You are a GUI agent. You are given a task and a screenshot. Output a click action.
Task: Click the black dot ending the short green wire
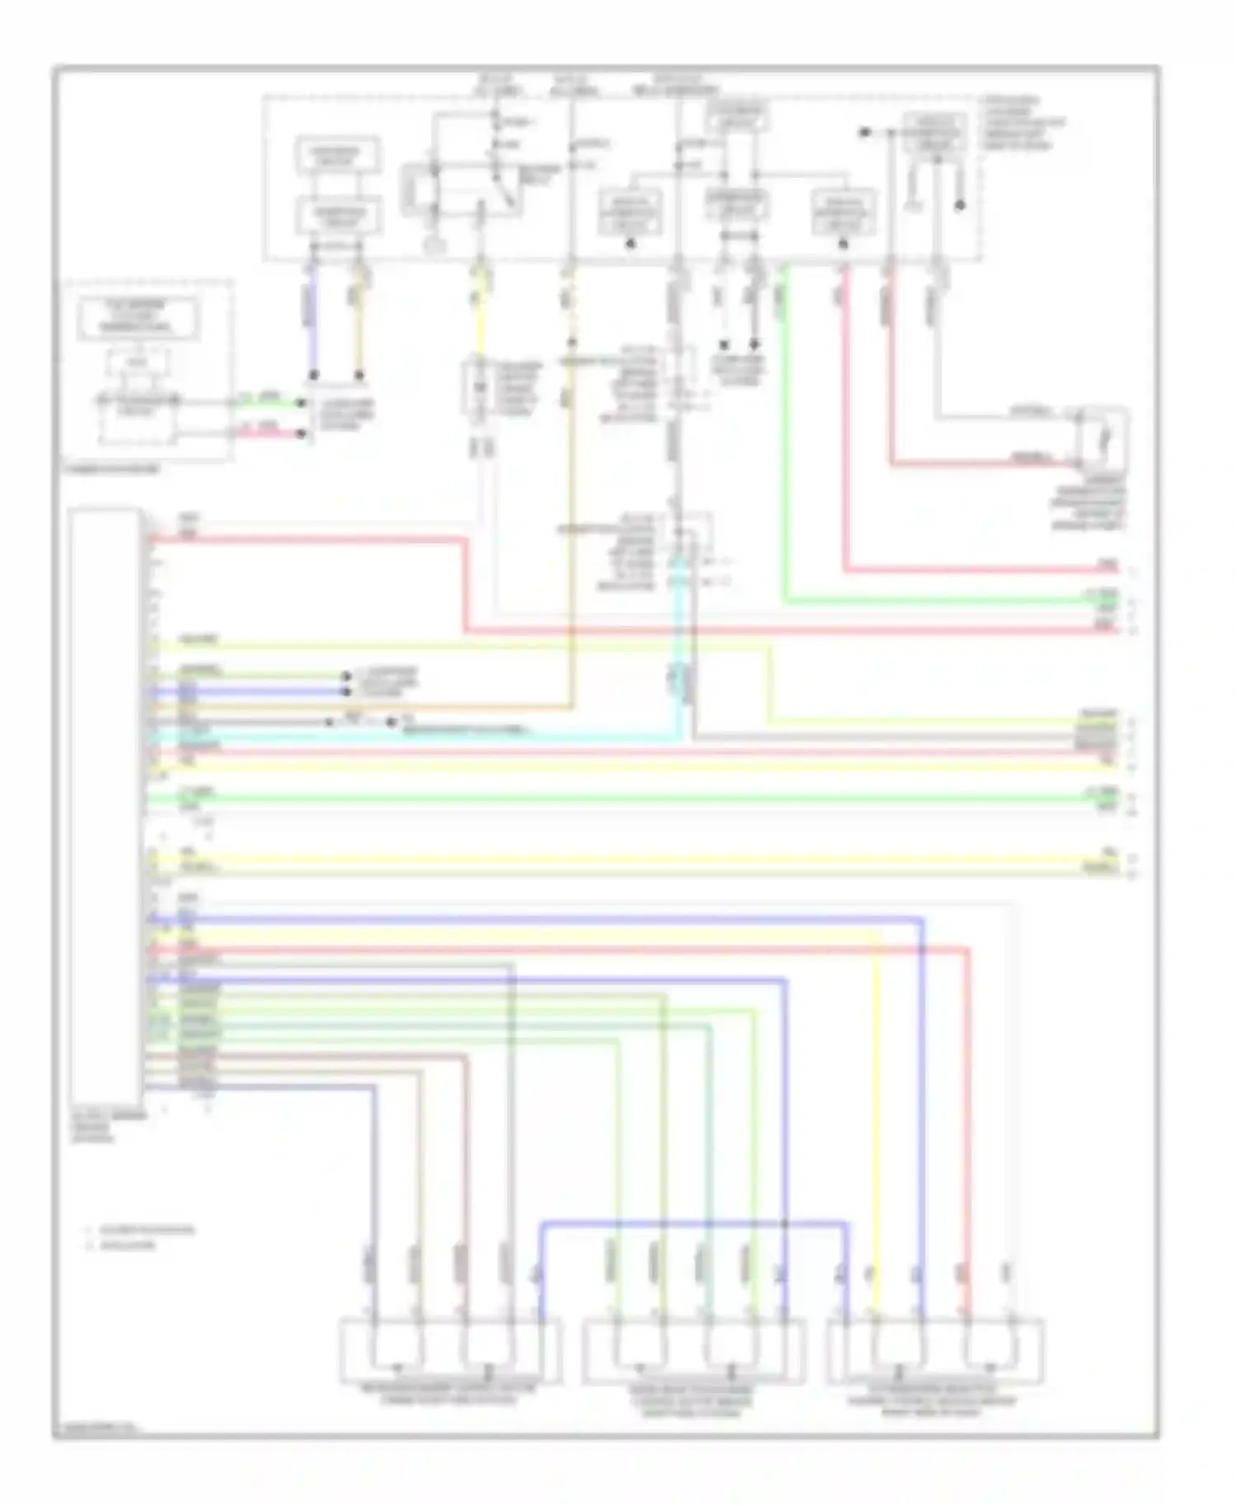point(301,403)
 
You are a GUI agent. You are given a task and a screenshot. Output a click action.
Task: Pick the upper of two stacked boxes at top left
point(338,154)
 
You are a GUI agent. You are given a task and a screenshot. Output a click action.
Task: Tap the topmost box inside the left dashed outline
point(138,317)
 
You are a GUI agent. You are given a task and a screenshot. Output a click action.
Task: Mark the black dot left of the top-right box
point(865,132)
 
